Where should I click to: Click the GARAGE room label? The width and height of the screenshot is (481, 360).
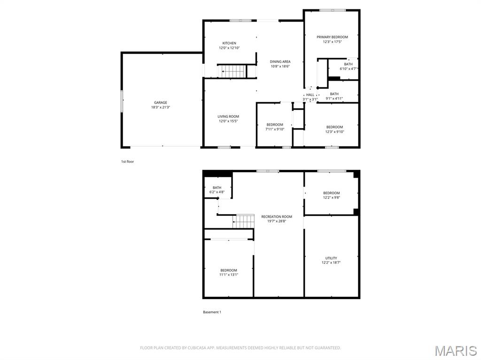[x=161, y=102]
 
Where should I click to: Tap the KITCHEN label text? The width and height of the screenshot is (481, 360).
[x=229, y=43]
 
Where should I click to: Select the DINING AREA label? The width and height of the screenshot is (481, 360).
[x=280, y=61]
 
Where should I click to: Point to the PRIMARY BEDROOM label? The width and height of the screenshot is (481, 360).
[x=332, y=37]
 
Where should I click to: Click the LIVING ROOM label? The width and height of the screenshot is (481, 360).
[x=228, y=116]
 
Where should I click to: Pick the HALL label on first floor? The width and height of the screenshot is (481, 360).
[x=310, y=95]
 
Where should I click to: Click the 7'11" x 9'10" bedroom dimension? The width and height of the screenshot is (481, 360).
[x=275, y=130]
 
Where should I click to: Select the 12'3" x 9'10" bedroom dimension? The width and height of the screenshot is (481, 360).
[x=334, y=132]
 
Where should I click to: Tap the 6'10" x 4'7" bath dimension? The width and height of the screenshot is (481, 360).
[x=348, y=69]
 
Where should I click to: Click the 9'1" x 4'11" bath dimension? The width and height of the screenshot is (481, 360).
[x=334, y=99]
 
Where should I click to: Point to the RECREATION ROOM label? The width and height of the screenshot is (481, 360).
[x=277, y=216]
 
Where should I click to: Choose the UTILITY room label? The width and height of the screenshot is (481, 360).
[x=331, y=258]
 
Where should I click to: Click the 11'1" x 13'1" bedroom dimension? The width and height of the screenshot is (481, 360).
[x=229, y=275]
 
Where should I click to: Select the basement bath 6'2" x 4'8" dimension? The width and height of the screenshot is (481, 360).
[x=217, y=192]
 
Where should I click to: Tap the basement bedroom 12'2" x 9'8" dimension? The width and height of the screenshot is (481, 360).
[x=331, y=198]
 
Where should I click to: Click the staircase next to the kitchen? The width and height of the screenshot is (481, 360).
[x=234, y=71]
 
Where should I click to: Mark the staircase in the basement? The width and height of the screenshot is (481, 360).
[x=244, y=221]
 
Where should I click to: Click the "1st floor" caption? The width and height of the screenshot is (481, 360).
[x=128, y=161]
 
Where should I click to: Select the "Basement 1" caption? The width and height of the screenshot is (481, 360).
[x=212, y=312]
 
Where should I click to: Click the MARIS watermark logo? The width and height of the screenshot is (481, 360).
[x=455, y=351]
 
